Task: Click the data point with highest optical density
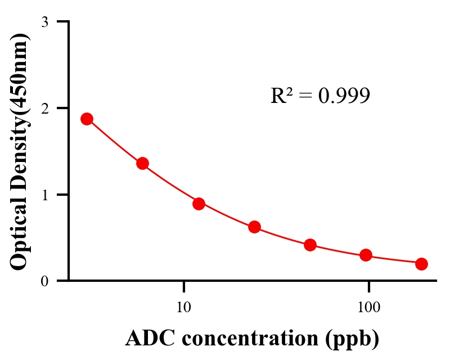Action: [87, 119]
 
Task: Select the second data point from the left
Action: [142, 163]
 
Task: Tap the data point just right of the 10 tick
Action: [199, 204]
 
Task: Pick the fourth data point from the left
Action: [254, 227]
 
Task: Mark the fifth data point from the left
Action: [310, 245]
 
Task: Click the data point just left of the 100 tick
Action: [366, 255]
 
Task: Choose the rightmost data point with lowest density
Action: [421, 264]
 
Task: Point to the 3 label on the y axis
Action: [44, 22]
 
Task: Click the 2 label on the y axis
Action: [44, 108]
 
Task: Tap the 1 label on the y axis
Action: [44, 195]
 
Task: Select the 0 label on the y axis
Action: [44, 281]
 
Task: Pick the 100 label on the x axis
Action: [368, 308]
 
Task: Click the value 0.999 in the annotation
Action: [344, 96]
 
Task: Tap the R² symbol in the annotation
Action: [281, 96]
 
